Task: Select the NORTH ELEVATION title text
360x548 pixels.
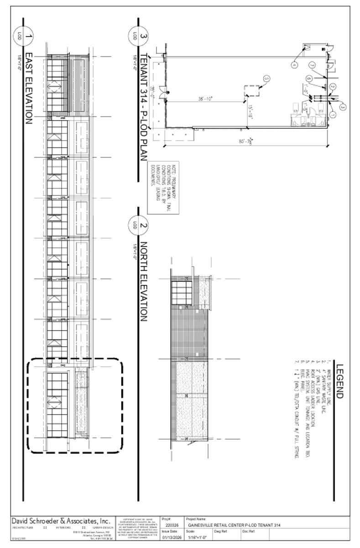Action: (x=143, y=281)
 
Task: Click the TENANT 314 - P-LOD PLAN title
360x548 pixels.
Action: (x=143, y=107)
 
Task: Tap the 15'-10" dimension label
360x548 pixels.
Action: (x=250, y=112)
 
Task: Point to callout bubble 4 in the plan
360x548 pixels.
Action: (x=294, y=65)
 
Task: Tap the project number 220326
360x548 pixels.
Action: (x=171, y=526)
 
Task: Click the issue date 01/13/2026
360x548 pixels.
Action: (x=172, y=537)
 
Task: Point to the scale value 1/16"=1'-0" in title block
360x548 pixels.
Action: (x=197, y=537)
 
